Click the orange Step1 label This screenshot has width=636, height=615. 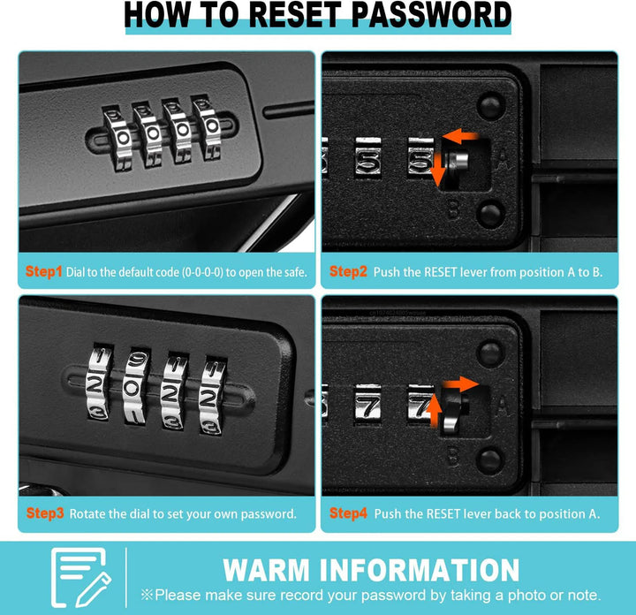coord(44,271)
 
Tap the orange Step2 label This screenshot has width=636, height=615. coord(348,271)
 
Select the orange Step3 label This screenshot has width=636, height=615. coord(45,513)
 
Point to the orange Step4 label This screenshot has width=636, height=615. coord(348,513)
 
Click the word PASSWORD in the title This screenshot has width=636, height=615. coord(431,15)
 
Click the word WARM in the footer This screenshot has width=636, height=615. coord(267,570)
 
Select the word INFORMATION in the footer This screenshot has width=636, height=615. coord(420,570)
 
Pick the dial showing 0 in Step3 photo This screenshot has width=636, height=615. coord(134,386)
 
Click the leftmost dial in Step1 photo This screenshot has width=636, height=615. coord(118,137)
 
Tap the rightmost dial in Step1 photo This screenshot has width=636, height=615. coord(208,126)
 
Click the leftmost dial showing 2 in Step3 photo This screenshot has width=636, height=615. coord(99,382)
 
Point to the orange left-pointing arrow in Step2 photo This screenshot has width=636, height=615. coord(459,135)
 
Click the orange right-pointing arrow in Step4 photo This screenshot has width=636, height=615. coord(460,383)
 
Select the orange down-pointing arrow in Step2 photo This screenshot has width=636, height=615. coord(437,170)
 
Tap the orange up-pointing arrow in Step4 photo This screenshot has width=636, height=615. coord(435,412)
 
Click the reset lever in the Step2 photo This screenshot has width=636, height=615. coord(455,162)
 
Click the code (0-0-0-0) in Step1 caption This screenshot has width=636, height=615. coord(202,272)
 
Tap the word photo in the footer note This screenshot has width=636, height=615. coord(528,596)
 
